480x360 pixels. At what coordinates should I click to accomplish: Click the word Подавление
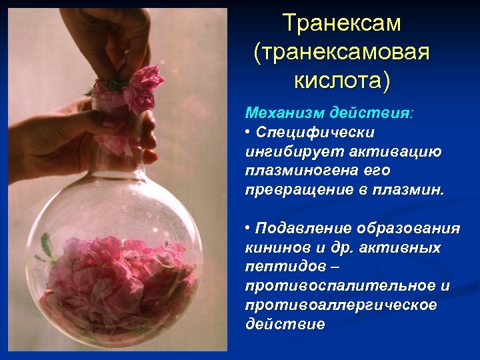pos(301,229)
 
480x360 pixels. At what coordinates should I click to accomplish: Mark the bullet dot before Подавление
pos(249,228)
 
